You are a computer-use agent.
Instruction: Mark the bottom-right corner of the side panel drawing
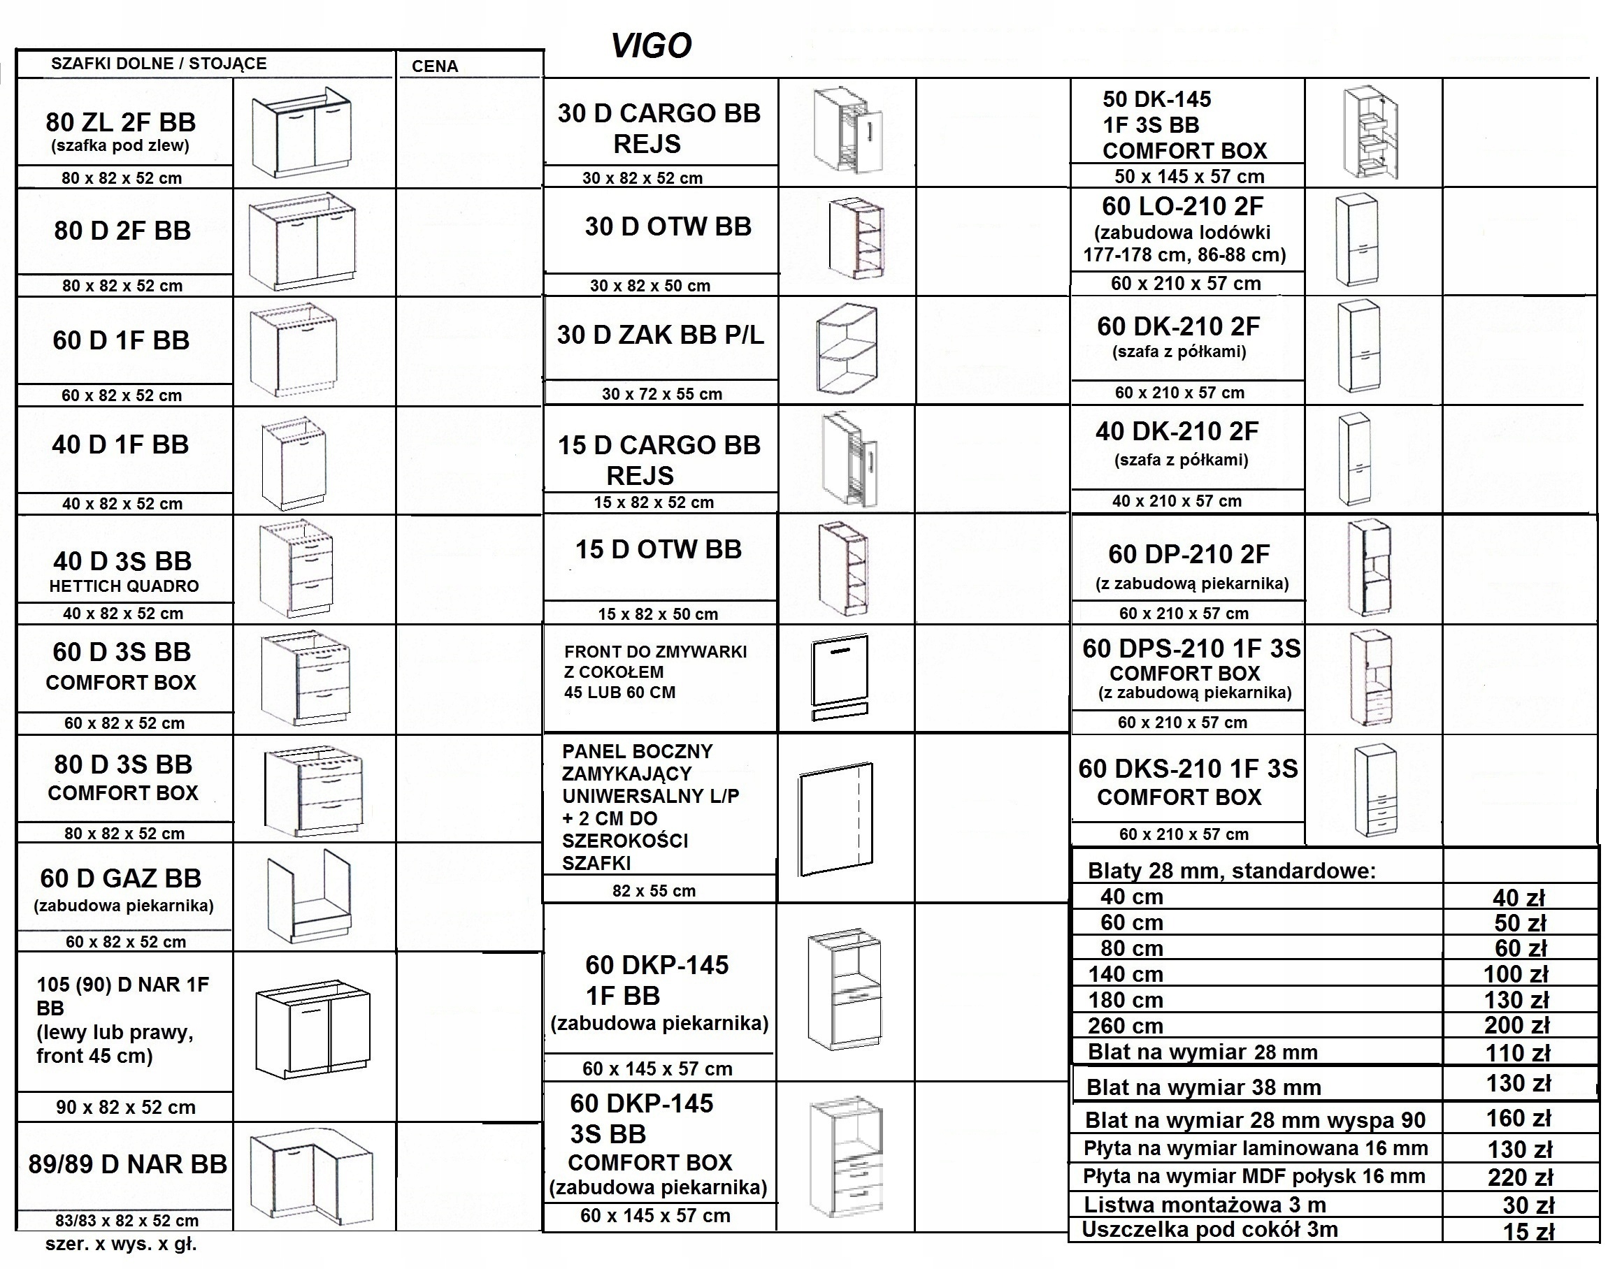click(x=872, y=865)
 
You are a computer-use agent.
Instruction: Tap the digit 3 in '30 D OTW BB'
click(x=592, y=226)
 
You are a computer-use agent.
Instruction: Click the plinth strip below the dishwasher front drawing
click(x=840, y=714)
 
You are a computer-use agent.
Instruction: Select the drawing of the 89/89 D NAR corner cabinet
click(x=311, y=1184)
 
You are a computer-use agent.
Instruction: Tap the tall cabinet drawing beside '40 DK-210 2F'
click(x=1354, y=459)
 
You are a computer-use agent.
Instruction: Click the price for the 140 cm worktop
click(x=1516, y=975)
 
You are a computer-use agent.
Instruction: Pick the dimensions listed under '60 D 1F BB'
click(x=122, y=396)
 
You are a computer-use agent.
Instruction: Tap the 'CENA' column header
click(x=435, y=66)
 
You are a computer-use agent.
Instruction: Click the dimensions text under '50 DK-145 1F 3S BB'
click(x=1189, y=177)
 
